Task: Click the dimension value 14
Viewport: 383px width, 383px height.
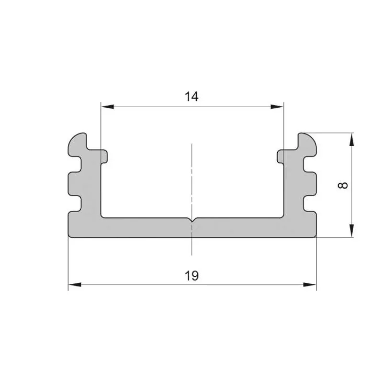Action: pos(191,96)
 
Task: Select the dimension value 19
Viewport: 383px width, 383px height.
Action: pos(191,276)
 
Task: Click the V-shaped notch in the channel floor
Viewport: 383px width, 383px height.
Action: pos(191,221)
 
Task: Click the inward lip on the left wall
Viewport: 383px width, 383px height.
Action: pos(103,156)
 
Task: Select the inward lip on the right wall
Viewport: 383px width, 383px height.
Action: pos(281,156)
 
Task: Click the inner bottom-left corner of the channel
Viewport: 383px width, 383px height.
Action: pos(102,217)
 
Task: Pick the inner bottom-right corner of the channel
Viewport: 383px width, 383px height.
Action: pos(282,217)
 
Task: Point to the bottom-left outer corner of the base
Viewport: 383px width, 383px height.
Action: pos(70,236)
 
